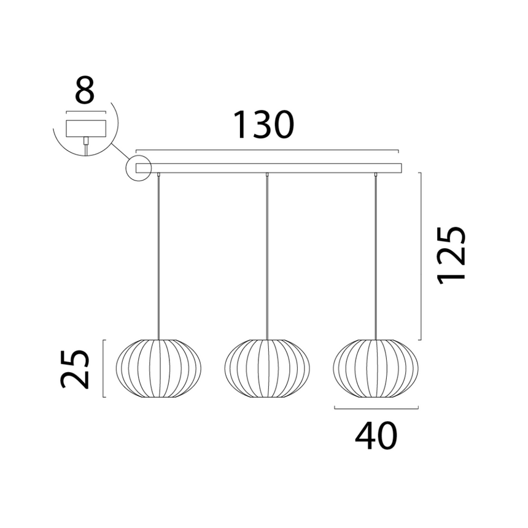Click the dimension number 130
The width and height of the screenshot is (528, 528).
[263, 125]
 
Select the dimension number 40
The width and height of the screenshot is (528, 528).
[376, 436]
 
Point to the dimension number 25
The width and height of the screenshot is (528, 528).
[75, 370]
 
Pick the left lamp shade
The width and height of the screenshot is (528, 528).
[158, 368]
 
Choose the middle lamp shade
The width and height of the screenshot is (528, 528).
[267, 368]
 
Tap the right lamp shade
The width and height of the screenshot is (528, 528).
[376, 368]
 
